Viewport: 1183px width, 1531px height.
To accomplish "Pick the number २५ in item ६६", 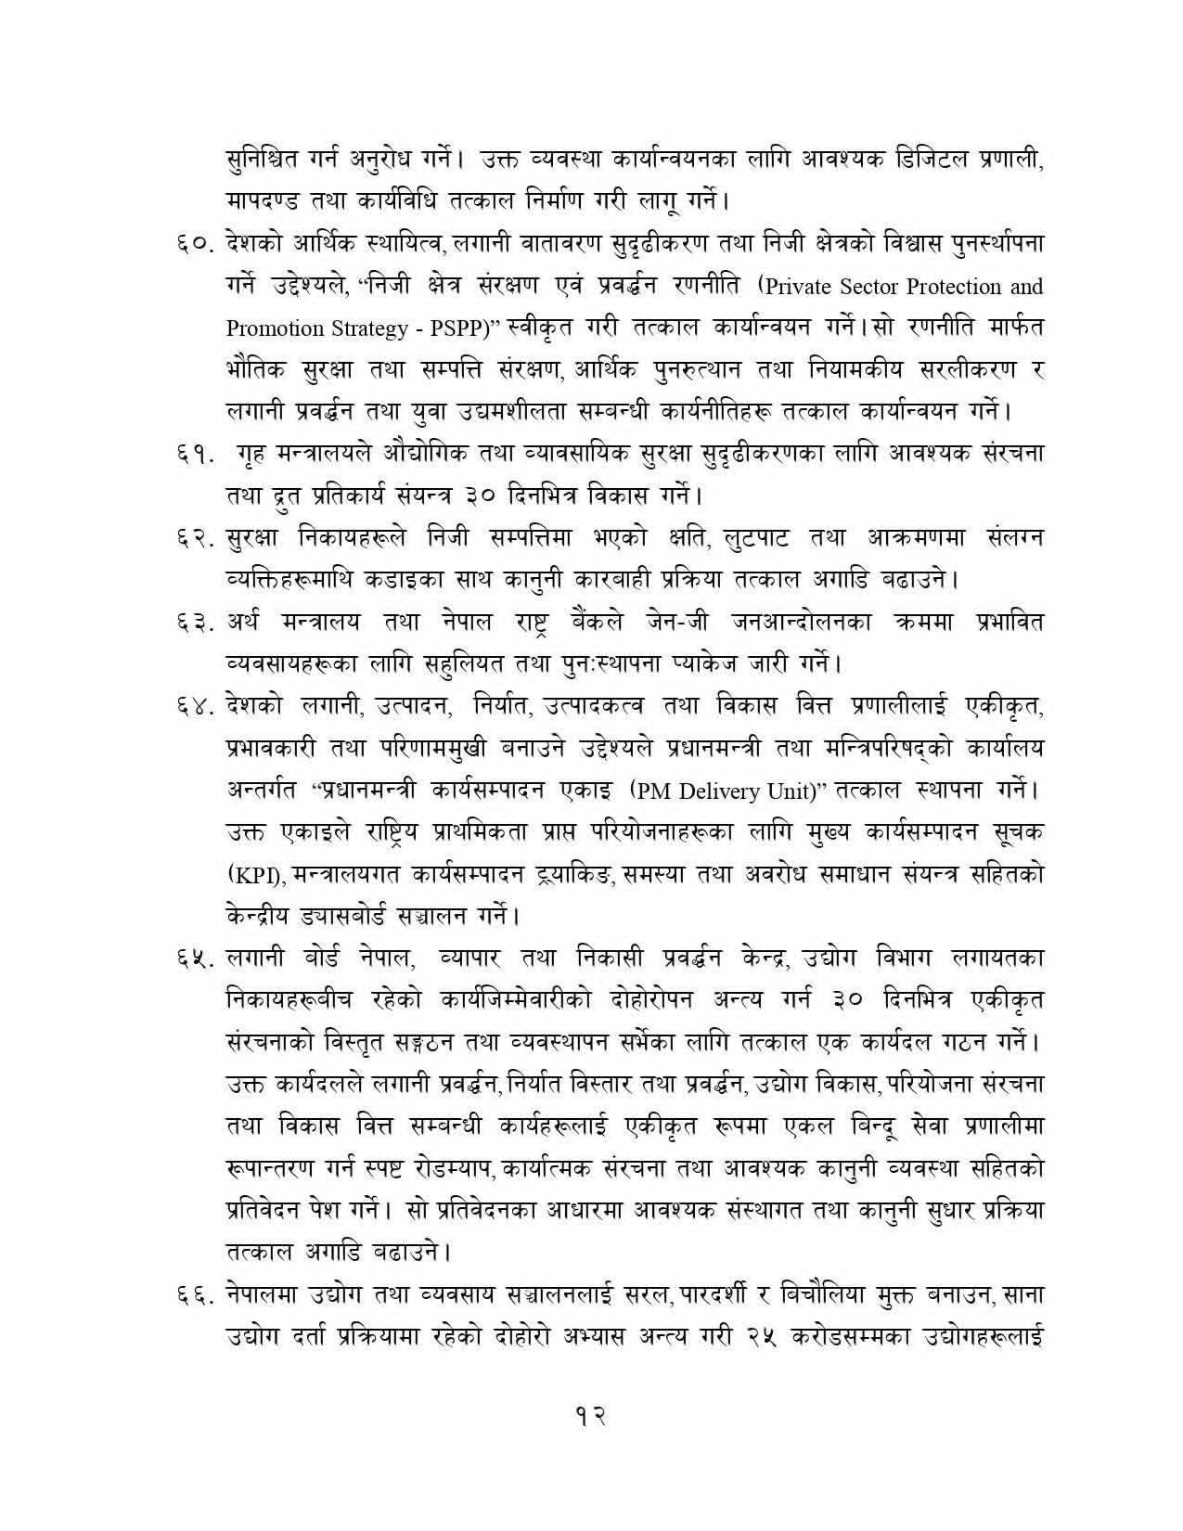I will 765,1335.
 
